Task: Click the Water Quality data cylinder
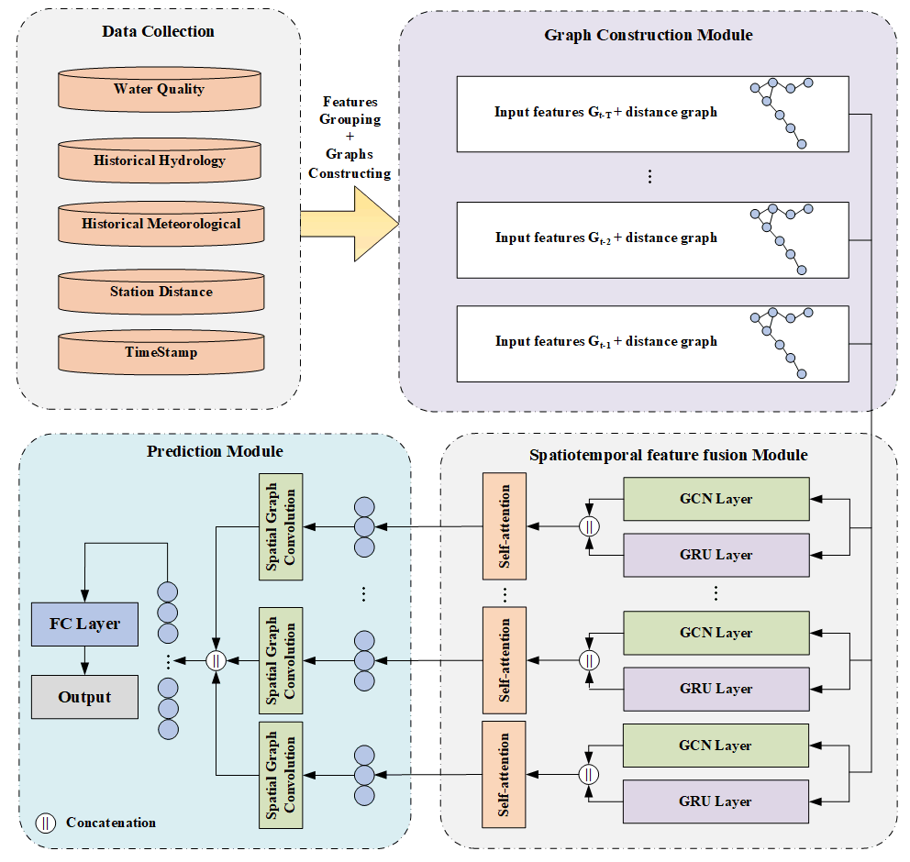click(160, 89)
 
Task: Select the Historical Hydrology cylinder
click(160, 160)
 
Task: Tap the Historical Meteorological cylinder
click(161, 224)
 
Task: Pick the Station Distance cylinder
click(161, 292)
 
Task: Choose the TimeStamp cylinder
click(161, 352)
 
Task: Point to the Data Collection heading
click(159, 32)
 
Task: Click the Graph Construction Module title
click(648, 36)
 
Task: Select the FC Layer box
click(84, 624)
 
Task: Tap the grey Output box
click(84, 697)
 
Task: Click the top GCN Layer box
click(716, 499)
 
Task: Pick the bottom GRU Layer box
click(716, 801)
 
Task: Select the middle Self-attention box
click(504, 659)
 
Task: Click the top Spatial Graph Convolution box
click(281, 526)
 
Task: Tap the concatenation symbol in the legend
click(45, 823)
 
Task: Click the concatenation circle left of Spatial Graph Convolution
click(216, 659)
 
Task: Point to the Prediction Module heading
click(215, 451)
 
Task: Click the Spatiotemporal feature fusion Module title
click(668, 455)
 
